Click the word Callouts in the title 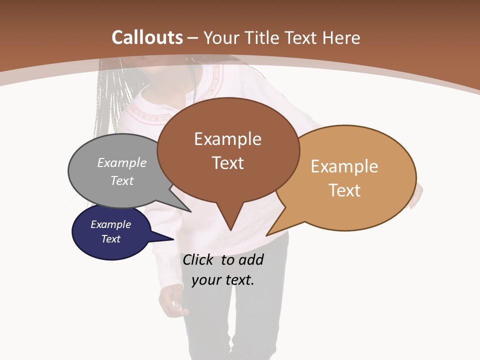(147, 37)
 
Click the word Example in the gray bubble (122, 163)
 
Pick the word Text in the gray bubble (122, 180)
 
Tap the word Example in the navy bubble (110, 224)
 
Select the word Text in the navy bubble (110, 239)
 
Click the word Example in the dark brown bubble (227, 139)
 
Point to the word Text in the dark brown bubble (227, 163)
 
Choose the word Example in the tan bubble (344, 166)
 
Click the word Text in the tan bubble (344, 190)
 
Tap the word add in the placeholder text (251, 259)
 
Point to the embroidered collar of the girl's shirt (150, 107)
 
